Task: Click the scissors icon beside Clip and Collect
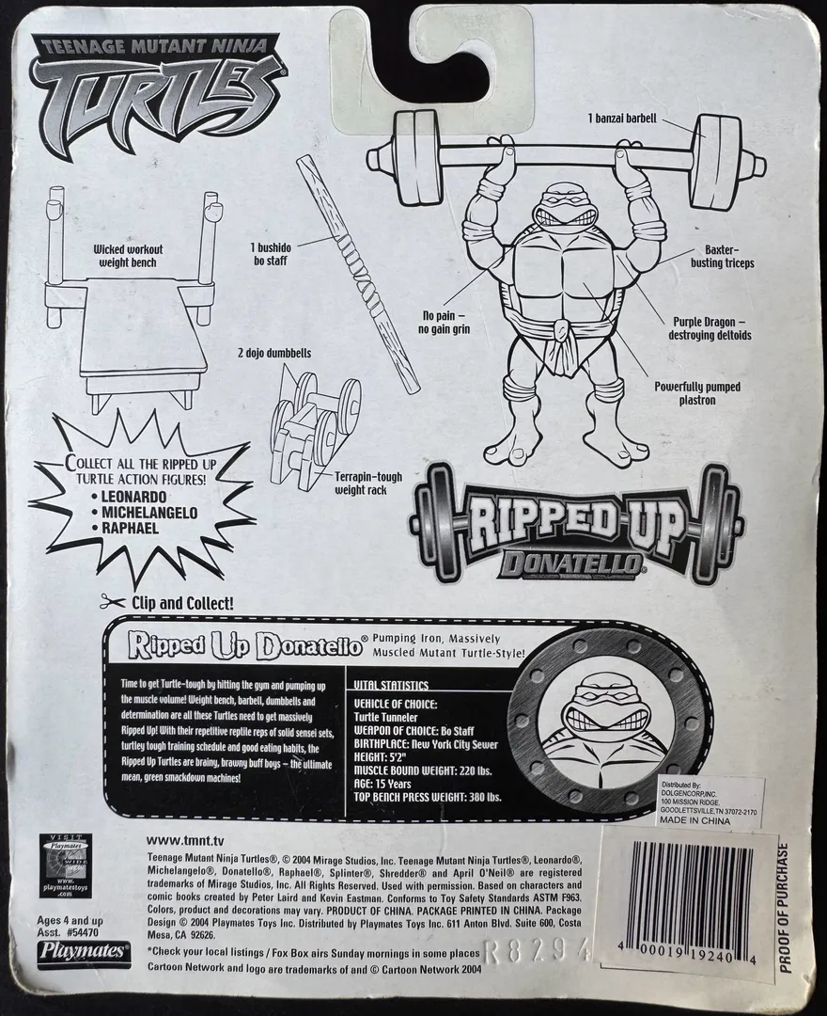click(x=112, y=600)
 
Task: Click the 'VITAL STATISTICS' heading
click(x=389, y=686)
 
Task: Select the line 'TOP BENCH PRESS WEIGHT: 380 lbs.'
click(x=428, y=796)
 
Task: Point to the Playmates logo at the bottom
click(x=84, y=951)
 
